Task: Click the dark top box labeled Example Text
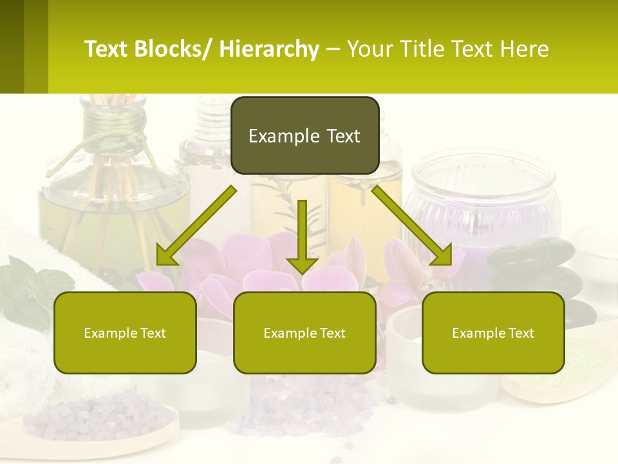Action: (304, 135)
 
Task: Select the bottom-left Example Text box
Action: (125, 333)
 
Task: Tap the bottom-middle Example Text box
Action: (304, 333)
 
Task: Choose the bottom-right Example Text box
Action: (493, 333)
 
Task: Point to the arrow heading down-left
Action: (196, 226)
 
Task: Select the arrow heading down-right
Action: (412, 226)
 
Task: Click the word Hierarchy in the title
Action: (269, 49)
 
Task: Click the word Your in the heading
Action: (370, 49)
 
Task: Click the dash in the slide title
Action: (333, 49)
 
